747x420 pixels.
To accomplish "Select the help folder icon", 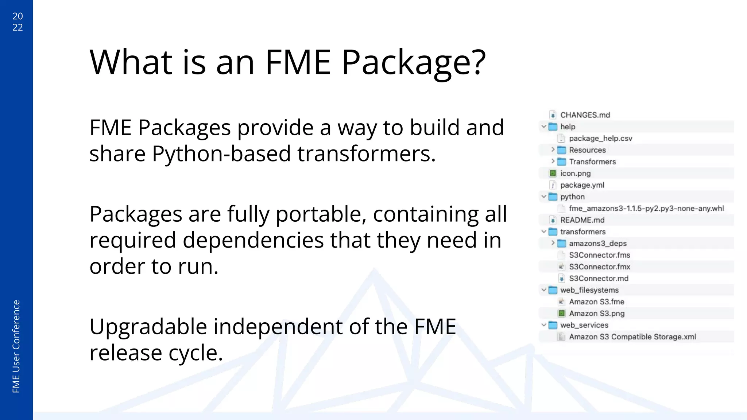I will pos(553,127).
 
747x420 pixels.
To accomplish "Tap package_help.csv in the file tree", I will pos(600,138).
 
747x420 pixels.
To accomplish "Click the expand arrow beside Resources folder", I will pos(553,149).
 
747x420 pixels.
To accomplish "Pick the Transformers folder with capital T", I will pos(592,162).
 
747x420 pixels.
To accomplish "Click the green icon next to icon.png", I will pos(553,173).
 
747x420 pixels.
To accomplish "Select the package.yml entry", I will pos(582,185).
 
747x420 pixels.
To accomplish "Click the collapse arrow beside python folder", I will pos(544,197).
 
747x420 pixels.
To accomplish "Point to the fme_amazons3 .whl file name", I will pos(646,208).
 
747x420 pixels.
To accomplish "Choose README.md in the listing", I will pos(582,220).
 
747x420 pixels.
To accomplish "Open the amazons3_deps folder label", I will pos(597,243).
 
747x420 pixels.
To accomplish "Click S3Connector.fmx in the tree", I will pos(599,267).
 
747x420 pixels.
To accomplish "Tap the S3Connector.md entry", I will pos(599,278).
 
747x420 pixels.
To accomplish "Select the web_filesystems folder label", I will pos(589,290).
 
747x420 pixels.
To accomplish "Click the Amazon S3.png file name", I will pos(596,313).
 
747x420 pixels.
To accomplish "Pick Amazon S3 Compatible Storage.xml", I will pos(632,337).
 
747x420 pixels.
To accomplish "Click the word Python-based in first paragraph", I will pos(220,153).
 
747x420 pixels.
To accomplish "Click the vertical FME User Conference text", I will pos(16,346).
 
